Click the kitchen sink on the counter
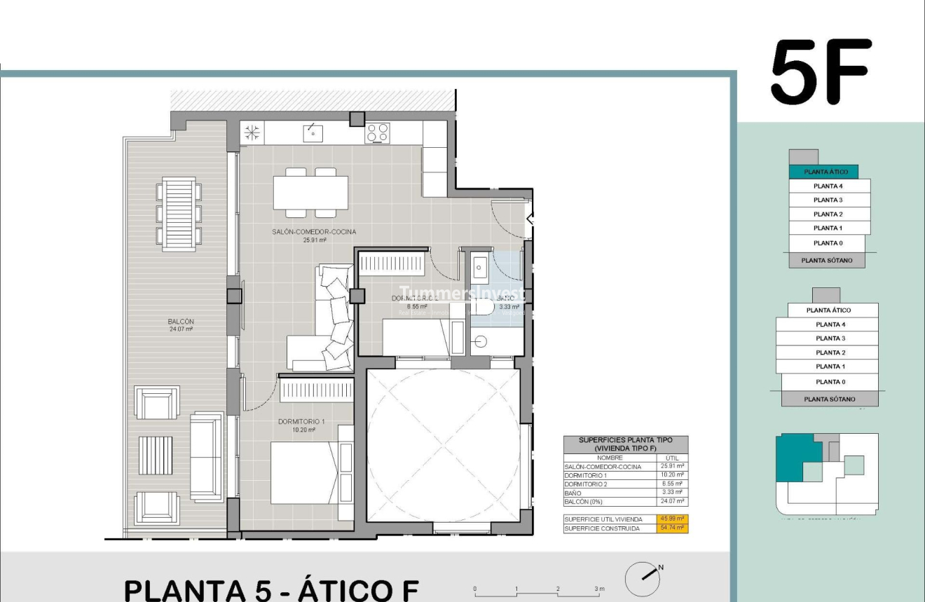(x=312, y=132)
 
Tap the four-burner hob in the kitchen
(x=377, y=132)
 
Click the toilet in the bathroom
(x=484, y=307)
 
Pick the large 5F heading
(x=821, y=71)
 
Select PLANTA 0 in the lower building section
(x=830, y=382)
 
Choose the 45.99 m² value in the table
(x=673, y=519)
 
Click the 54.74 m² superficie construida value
(x=673, y=528)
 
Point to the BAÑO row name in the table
(x=573, y=493)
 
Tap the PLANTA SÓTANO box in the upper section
(x=827, y=261)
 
